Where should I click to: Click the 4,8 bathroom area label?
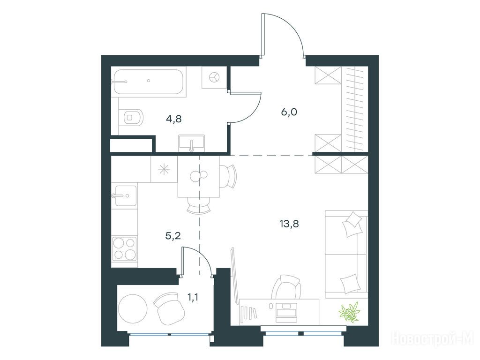click(173, 119)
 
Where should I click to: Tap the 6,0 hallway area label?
click(289, 112)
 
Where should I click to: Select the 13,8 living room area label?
click(289, 224)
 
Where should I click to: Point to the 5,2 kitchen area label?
click(173, 235)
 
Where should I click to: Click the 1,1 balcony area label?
click(193, 296)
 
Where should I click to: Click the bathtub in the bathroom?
click(149, 82)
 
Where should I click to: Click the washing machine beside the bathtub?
click(214, 77)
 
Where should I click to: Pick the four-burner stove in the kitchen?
click(124, 248)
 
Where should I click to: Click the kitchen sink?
click(124, 195)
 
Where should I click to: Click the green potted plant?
click(349, 312)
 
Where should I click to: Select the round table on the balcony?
click(133, 308)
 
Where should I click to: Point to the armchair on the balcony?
click(169, 309)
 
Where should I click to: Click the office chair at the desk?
click(286, 287)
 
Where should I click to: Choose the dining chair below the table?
click(199, 205)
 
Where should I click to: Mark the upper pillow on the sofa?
click(352, 224)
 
